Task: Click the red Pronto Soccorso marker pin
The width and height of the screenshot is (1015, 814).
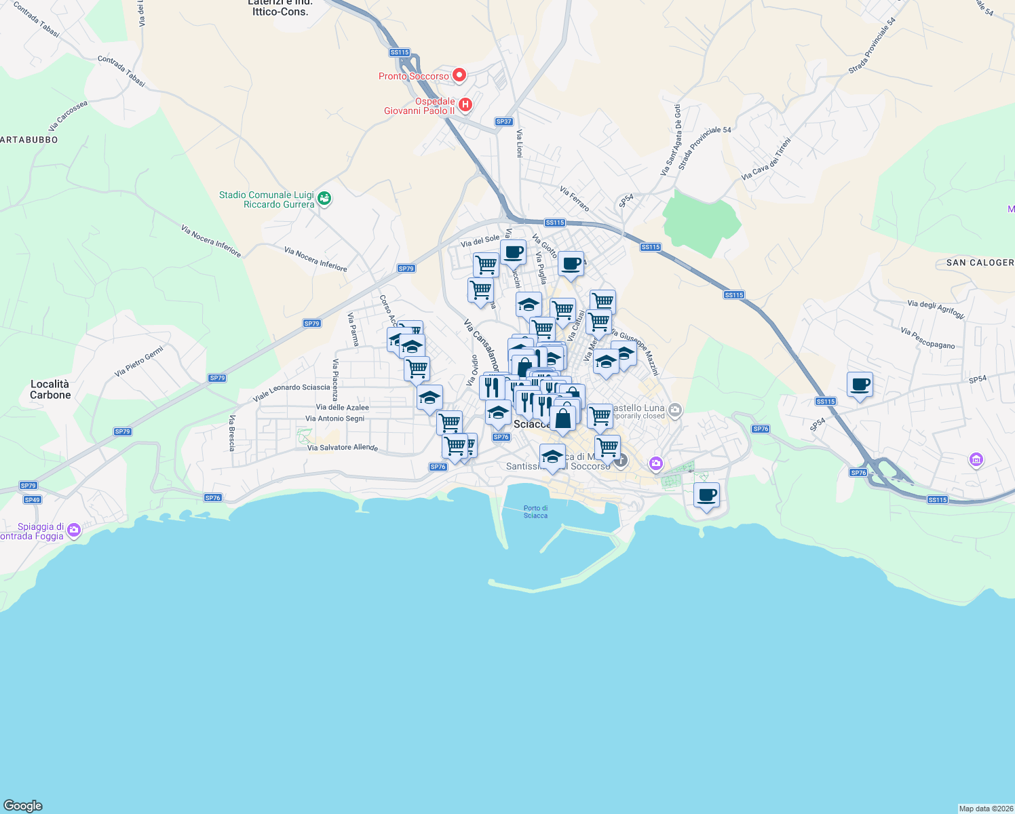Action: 459,75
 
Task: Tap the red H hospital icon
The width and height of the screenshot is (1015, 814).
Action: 465,104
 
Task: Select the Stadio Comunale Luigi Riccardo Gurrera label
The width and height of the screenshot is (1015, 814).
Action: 266,199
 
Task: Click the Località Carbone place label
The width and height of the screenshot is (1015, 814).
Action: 50,389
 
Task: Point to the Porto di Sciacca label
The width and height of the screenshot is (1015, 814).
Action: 535,511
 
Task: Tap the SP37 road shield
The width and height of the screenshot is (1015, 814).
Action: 503,122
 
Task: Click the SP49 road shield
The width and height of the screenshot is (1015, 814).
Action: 33,500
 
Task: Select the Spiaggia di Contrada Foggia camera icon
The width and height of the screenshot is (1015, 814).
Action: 74,530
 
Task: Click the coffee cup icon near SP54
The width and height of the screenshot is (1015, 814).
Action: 860,385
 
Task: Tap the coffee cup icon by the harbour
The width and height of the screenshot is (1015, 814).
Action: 706,495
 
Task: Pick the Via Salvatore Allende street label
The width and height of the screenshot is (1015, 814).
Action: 343,448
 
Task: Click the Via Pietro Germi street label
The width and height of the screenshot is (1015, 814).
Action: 139,362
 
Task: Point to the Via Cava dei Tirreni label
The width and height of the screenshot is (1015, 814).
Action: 766,159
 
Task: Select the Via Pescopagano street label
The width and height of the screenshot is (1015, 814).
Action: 927,338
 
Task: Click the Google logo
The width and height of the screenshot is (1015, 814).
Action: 23,806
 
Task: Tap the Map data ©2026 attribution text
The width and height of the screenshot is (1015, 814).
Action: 986,809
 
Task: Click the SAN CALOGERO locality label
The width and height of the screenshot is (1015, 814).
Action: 980,263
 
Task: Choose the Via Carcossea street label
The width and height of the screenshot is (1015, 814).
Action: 68,116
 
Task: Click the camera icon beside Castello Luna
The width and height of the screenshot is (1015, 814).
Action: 674,410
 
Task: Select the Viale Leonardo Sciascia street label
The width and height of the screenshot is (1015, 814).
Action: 292,391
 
